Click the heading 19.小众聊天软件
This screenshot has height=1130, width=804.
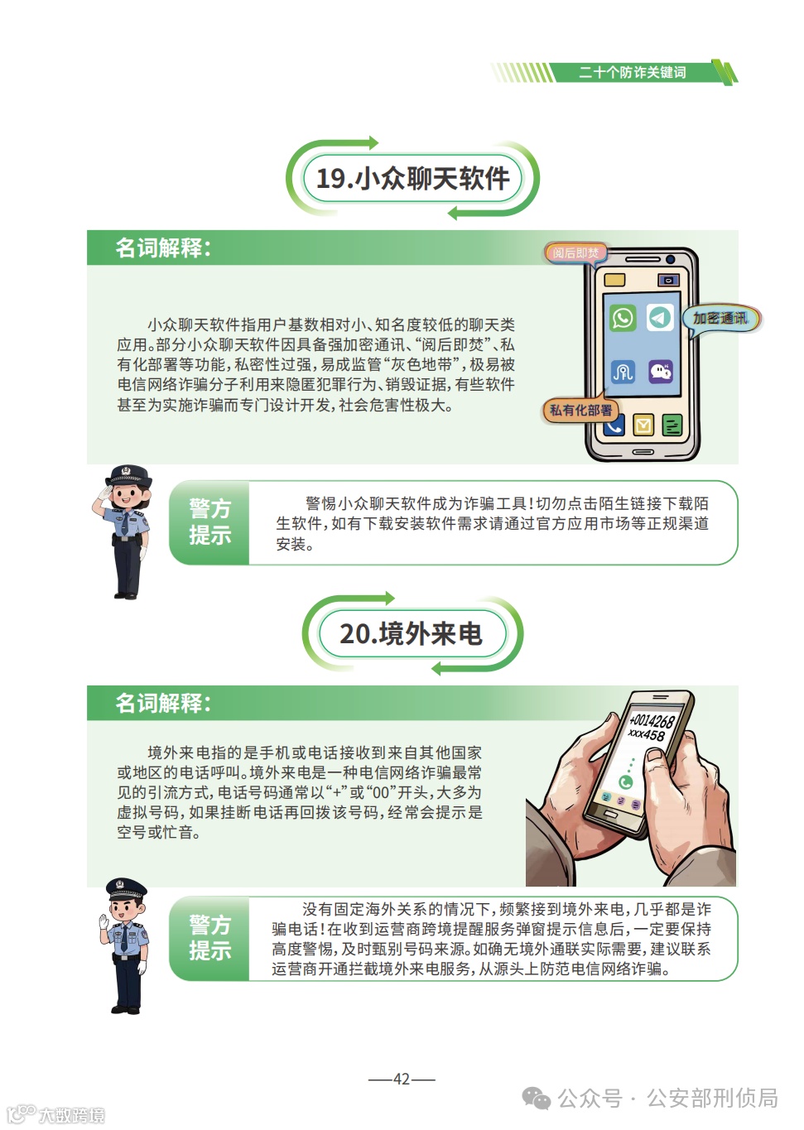click(412, 178)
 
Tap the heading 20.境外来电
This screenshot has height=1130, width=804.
click(411, 634)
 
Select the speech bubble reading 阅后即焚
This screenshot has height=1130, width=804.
click(575, 252)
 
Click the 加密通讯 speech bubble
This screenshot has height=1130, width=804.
click(720, 318)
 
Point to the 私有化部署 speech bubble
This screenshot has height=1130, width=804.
click(580, 410)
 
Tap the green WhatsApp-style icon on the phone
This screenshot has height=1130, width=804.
click(623, 318)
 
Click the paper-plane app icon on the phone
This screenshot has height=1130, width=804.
click(660, 317)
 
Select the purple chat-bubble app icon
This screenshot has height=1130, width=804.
click(661, 371)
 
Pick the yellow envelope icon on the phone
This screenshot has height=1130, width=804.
click(643, 425)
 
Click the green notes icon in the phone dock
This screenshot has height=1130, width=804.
click(672, 426)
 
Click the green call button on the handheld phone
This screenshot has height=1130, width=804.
click(626, 782)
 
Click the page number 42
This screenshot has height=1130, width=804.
click(402, 1079)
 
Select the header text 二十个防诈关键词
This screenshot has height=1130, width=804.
click(633, 73)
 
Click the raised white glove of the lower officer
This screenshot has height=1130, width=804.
click(104, 921)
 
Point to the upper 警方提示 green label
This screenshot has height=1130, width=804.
click(209, 522)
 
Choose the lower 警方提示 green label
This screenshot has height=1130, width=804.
click(209, 938)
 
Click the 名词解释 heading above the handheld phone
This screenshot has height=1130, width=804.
click(163, 703)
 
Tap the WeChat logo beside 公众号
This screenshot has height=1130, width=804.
click(536, 1099)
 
